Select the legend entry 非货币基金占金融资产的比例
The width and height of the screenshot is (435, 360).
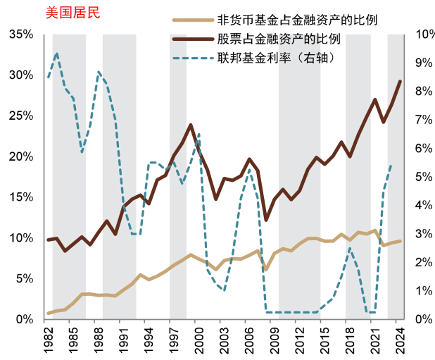[298, 20]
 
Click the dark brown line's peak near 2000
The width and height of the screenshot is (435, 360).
[191, 125]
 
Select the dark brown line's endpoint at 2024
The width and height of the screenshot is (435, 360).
[401, 81]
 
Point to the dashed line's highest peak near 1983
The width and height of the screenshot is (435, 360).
[56, 54]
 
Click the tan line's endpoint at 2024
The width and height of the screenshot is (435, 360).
[401, 241]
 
